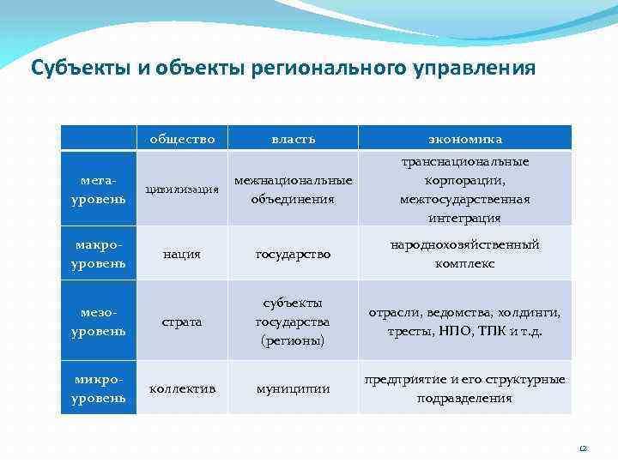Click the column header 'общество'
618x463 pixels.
pyautogui.click(x=182, y=138)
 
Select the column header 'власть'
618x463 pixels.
pyautogui.click(x=293, y=138)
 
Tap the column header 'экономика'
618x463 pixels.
pyautogui.click(x=464, y=138)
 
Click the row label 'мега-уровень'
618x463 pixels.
pyautogui.click(x=98, y=190)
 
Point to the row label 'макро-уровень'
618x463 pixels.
pyautogui.click(x=98, y=254)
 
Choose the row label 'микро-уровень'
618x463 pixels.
pyautogui.click(x=98, y=388)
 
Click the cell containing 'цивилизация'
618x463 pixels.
pyautogui.click(x=182, y=190)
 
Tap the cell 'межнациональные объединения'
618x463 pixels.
pyautogui.click(x=293, y=190)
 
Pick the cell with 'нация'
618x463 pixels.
pyautogui.click(x=182, y=254)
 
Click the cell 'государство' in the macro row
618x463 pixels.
pyautogui.click(x=293, y=254)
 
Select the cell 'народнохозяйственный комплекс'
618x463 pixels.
pyautogui.click(x=464, y=254)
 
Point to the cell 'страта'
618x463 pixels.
pyautogui.click(x=182, y=322)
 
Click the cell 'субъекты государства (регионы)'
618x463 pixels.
pyautogui.click(x=293, y=322)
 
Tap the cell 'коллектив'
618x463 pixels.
pyautogui.click(x=182, y=388)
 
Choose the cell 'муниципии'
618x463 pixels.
pyautogui.click(x=293, y=388)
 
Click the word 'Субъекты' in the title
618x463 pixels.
pyautogui.click(x=80, y=68)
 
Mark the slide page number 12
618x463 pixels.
pyautogui.click(x=583, y=448)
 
